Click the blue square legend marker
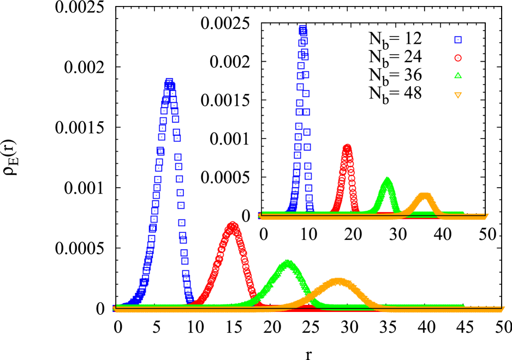point(458,40)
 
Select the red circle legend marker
point(458,58)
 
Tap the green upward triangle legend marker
point(458,76)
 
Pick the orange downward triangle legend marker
point(458,95)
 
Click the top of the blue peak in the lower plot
point(169,82)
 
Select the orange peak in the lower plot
point(338,280)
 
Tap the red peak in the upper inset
point(347,146)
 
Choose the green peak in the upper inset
point(387,178)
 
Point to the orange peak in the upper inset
point(425,194)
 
